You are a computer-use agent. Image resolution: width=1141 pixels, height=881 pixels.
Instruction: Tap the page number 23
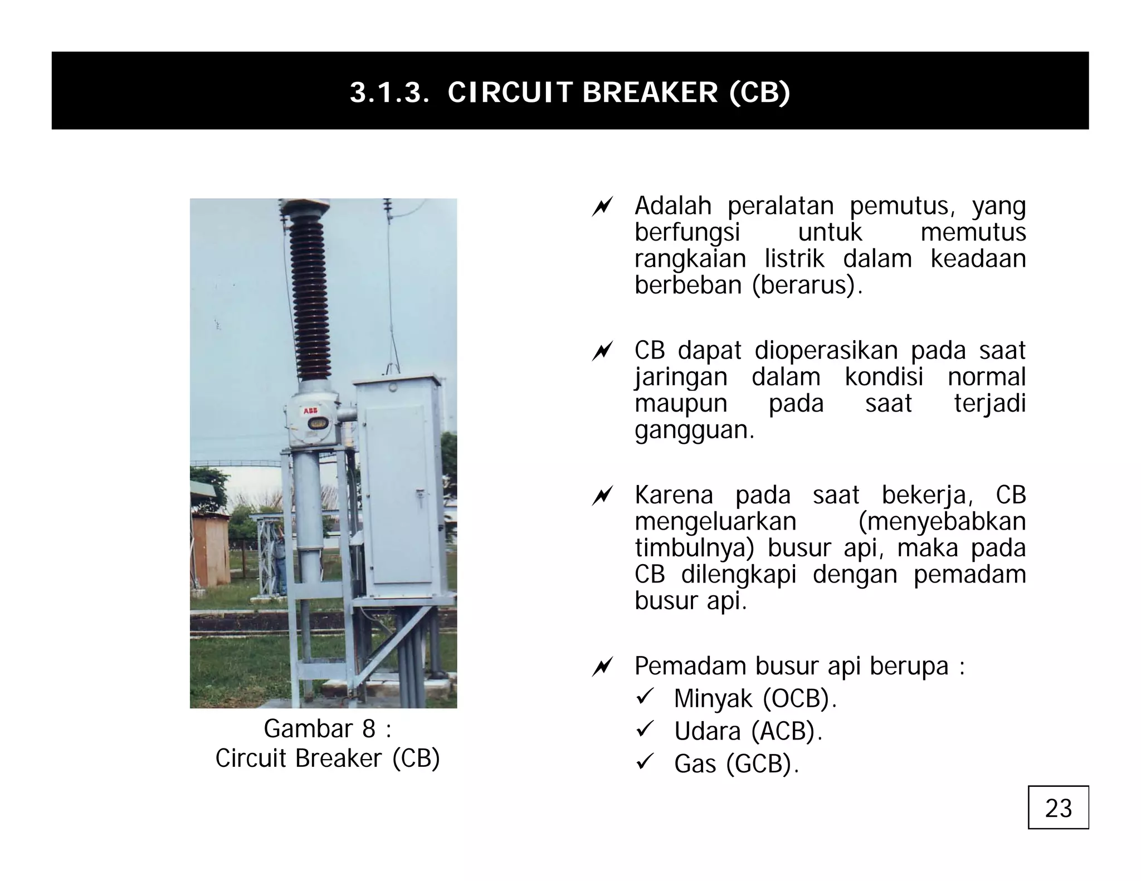pos(1058,808)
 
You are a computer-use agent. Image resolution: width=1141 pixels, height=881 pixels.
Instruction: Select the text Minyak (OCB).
pos(755,698)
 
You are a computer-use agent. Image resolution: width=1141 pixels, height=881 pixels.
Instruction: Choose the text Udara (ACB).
pos(748,731)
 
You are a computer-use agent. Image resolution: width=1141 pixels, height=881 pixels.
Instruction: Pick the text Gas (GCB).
pos(736,763)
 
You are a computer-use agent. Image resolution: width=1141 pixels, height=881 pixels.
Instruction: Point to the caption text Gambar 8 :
pos(327,728)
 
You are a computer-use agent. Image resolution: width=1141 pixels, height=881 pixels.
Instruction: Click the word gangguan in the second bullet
pos(694,430)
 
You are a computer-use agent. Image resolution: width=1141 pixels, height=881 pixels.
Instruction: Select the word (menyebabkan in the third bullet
pos(942,522)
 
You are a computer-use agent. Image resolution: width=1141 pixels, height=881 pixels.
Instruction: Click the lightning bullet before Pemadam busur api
pos(602,667)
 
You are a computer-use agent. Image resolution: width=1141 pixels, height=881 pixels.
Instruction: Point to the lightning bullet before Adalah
pos(602,207)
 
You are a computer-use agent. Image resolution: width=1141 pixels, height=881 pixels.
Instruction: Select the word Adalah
pos(672,206)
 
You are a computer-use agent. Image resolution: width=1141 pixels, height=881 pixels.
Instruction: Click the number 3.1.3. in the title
pos(389,92)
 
